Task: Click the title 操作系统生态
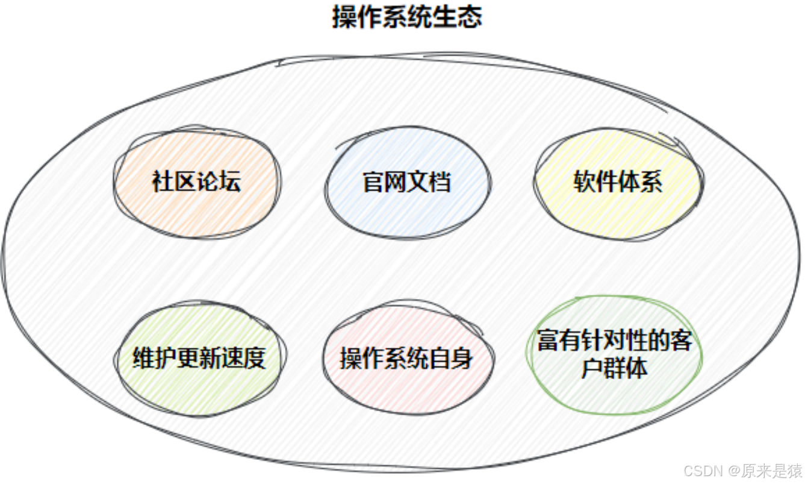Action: [x=407, y=17]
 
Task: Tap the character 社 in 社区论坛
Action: [x=163, y=181]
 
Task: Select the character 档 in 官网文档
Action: [x=441, y=181]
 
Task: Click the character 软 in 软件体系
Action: [x=585, y=181]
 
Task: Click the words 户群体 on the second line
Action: [x=615, y=368]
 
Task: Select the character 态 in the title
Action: [x=470, y=17]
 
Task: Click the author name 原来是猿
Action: [x=772, y=470]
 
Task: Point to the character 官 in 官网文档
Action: [x=373, y=181]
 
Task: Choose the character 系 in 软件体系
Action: [x=651, y=181]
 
